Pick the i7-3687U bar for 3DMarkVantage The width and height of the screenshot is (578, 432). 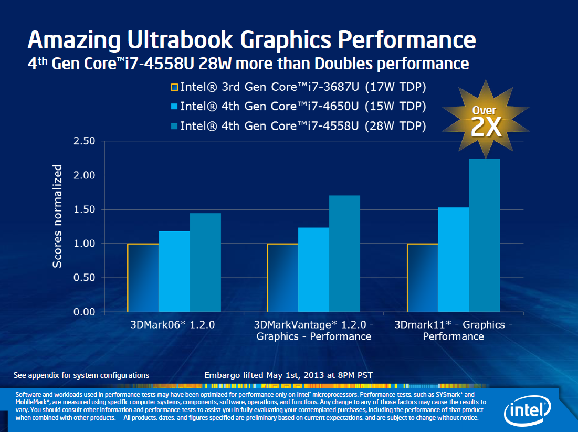click(x=282, y=278)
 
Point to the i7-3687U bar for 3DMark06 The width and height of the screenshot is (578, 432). click(x=143, y=278)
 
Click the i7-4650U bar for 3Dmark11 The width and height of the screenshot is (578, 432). click(x=454, y=259)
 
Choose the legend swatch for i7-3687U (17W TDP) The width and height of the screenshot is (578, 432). click(x=175, y=87)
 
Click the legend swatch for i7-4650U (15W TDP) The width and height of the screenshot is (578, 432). click(x=175, y=107)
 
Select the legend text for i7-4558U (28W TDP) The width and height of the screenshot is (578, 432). click(x=303, y=126)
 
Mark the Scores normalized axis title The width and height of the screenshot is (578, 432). click(x=57, y=216)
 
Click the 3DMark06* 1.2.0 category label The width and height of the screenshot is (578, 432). click(x=172, y=325)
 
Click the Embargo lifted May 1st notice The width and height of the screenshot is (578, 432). click(x=288, y=375)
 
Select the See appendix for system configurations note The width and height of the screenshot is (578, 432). click(x=81, y=375)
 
